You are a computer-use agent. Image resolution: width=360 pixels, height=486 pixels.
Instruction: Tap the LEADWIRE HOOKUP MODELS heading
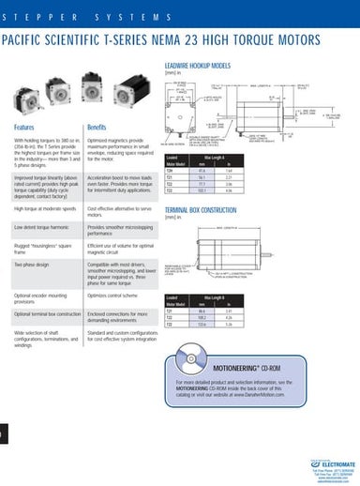[x=197, y=67]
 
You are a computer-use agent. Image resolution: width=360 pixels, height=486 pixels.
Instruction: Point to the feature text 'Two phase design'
[x=34, y=266]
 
